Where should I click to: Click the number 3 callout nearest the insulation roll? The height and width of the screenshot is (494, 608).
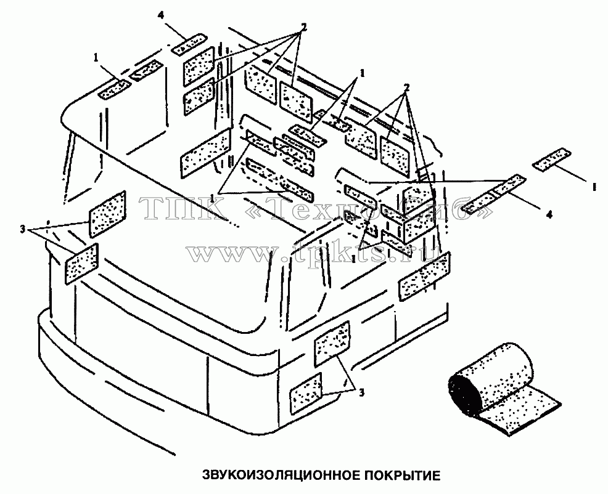tap(361, 392)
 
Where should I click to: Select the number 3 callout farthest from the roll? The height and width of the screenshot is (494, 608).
tap(22, 229)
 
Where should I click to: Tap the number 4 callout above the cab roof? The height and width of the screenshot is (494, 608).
tap(161, 15)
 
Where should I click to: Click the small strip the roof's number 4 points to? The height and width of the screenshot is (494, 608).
tap(189, 44)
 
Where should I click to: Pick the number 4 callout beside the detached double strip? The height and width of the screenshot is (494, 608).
tap(549, 214)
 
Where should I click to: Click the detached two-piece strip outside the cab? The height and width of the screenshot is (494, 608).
tap(495, 195)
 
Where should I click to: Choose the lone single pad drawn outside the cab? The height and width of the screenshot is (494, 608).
tap(552, 159)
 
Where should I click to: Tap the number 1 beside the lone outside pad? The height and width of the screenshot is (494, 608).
tap(594, 187)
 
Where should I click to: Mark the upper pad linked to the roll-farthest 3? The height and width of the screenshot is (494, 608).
tap(108, 214)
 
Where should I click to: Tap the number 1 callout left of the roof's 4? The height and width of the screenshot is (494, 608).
tap(96, 57)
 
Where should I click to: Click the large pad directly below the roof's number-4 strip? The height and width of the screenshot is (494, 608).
tap(199, 67)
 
